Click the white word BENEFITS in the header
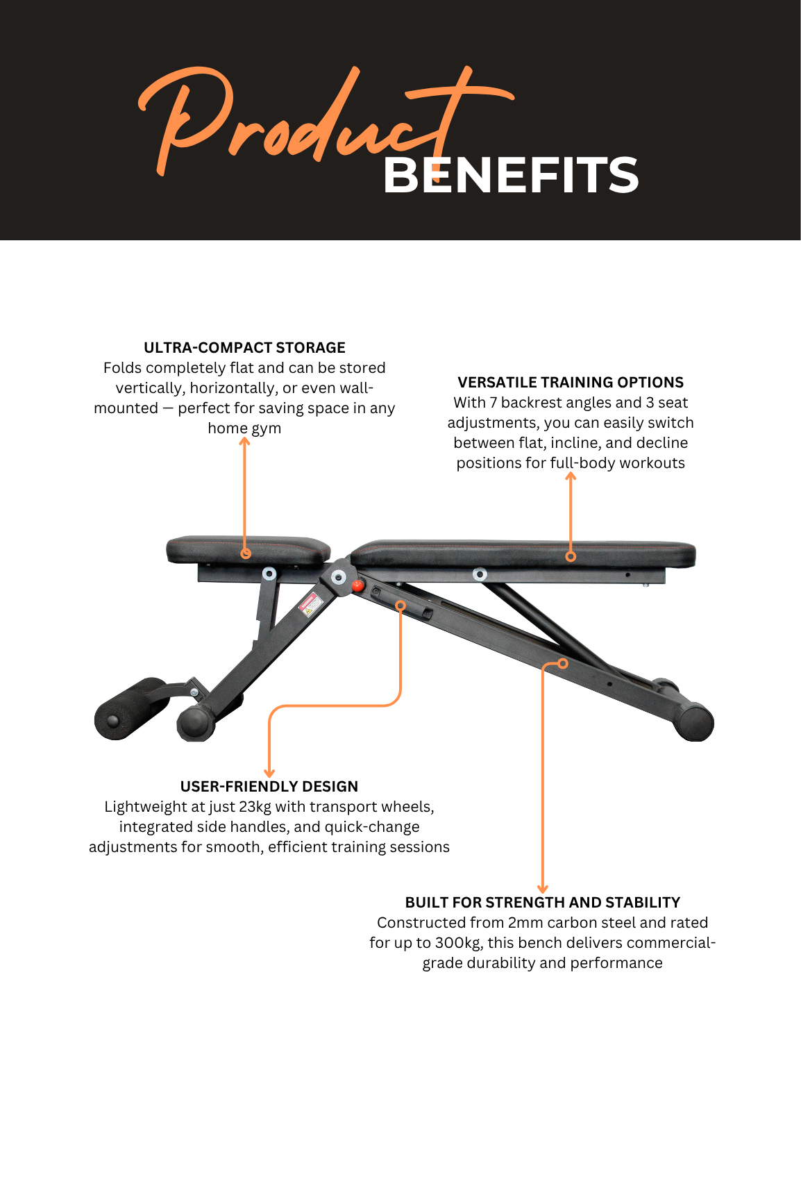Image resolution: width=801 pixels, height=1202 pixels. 511,175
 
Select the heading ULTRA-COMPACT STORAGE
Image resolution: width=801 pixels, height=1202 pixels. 244,348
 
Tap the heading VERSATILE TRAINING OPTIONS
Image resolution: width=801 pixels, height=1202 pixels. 571,383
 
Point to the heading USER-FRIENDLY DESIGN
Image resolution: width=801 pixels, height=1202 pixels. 269,787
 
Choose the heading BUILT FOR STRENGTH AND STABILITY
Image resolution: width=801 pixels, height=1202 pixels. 543,903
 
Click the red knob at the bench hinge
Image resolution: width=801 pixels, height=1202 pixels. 357,585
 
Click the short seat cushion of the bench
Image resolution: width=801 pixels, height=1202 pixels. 248,549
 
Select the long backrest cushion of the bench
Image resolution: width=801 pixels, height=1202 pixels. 523,555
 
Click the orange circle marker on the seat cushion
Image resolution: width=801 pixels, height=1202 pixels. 246,553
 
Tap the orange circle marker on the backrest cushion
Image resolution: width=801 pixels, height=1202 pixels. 571,556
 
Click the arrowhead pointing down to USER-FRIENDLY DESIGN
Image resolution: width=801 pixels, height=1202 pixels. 269,774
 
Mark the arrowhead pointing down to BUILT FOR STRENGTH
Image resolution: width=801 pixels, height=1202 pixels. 543,890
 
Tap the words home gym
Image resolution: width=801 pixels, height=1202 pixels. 244,428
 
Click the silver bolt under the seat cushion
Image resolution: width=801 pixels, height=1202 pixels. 269,574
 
